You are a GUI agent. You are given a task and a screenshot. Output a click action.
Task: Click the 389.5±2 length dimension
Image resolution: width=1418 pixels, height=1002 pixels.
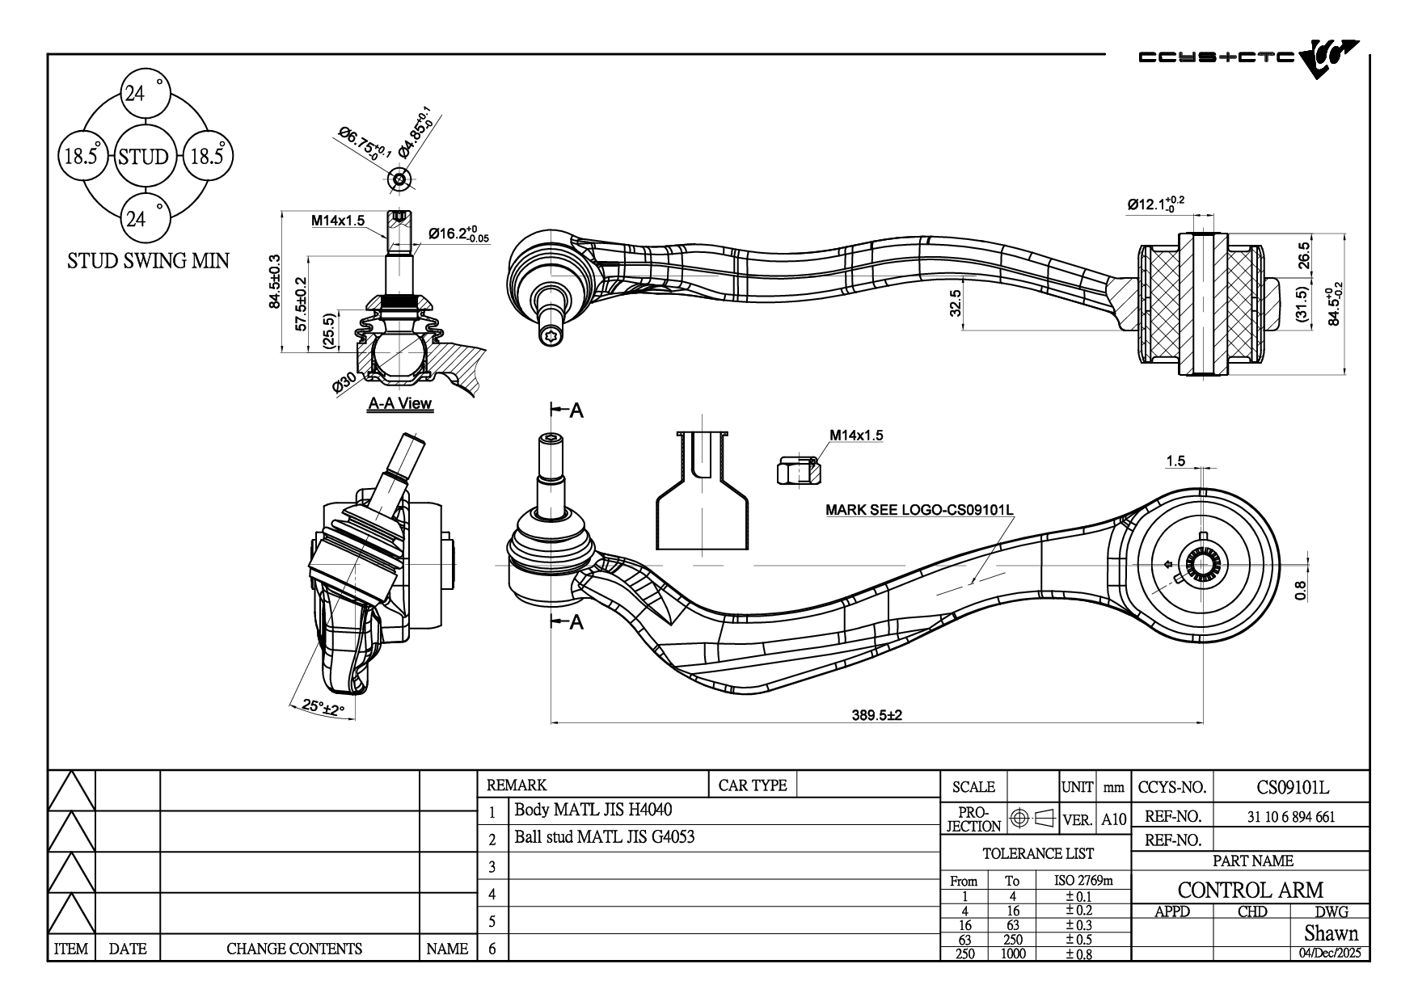(876, 715)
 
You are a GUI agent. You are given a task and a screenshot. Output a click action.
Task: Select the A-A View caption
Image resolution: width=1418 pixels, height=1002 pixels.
(400, 403)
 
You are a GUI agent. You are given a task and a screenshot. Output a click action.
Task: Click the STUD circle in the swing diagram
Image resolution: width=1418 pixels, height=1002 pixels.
(143, 157)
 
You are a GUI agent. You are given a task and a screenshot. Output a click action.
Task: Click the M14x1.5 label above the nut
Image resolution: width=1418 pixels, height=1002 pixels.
(856, 436)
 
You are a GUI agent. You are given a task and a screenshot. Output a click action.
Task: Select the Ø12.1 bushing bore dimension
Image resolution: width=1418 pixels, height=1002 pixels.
(1156, 204)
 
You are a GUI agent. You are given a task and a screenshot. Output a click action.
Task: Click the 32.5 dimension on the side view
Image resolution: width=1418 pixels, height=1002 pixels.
(956, 303)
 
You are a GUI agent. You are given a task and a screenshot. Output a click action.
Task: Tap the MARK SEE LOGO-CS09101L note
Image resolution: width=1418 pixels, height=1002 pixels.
(919, 510)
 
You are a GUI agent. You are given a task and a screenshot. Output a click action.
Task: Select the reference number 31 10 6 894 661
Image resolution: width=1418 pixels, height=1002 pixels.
(1291, 816)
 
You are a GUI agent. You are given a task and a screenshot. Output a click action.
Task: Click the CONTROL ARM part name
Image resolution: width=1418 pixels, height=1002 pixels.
(1250, 890)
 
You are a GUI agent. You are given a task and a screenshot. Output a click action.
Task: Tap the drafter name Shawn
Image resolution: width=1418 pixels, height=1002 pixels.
(1331, 933)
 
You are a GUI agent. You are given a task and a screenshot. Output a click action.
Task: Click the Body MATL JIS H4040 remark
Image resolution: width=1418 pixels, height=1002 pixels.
(593, 810)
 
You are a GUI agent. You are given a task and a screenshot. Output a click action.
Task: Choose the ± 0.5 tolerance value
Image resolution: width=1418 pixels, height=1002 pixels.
(1078, 939)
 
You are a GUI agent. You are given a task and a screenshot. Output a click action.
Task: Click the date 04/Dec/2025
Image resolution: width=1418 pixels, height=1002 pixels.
(1330, 953)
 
